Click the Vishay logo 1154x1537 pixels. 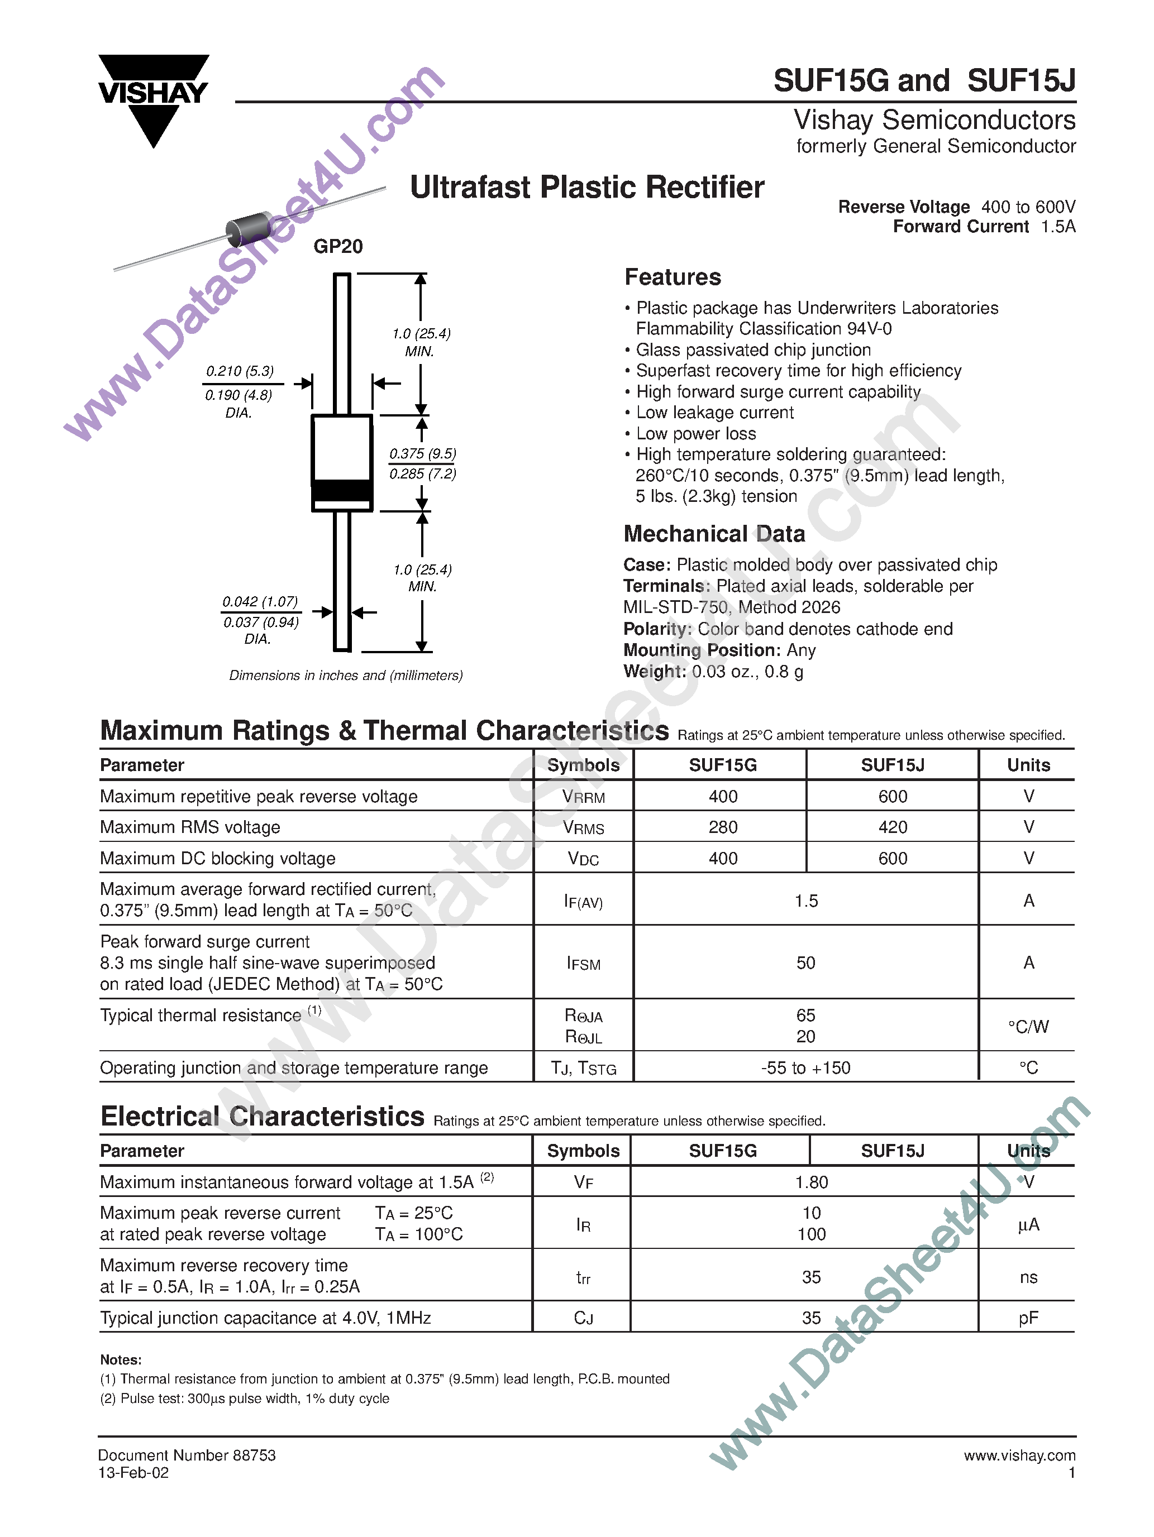(x=153, y=97)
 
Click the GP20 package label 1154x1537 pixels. (x=338, y=247)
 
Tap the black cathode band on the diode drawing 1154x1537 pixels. (x=342, y=491)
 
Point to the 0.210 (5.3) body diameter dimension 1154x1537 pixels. (x=240, y=371)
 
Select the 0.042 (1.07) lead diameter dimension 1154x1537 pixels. (x=260, y=602)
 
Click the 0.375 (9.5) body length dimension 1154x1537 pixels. (x=423, y=454)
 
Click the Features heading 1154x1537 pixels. (x=673, y=277)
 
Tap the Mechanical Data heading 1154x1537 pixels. (x=714, y=534)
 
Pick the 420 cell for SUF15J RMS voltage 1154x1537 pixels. (x=893, y=827)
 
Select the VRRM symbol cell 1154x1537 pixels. (x=583, y=797)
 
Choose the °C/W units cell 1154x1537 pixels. (x=1028, y=1026)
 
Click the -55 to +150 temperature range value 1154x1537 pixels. (x=805, y=1068)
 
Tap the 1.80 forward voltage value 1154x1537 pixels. (x=811, y=1182)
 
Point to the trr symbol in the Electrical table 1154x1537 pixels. (x=583, y=1277)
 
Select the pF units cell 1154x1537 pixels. (x=1028, y=1318)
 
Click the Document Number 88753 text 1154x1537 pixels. (x=187, y=1455)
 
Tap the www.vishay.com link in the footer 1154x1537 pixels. (x=1019, y=1455)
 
